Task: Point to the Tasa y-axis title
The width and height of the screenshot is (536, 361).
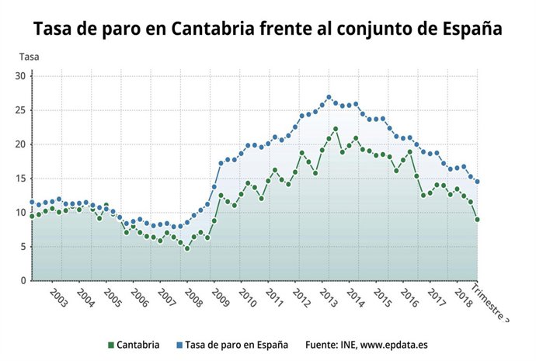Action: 29,57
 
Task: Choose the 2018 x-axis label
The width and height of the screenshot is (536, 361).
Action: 463,300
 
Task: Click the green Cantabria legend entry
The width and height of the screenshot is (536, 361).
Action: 134,343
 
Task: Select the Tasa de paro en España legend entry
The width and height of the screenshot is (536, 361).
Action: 231,343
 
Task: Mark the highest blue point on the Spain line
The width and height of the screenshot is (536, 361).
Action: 329,97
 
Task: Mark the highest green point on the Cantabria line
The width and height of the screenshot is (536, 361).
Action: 336,129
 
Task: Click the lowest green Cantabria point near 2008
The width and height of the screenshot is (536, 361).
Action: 186,248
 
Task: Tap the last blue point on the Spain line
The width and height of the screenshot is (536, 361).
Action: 477,182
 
